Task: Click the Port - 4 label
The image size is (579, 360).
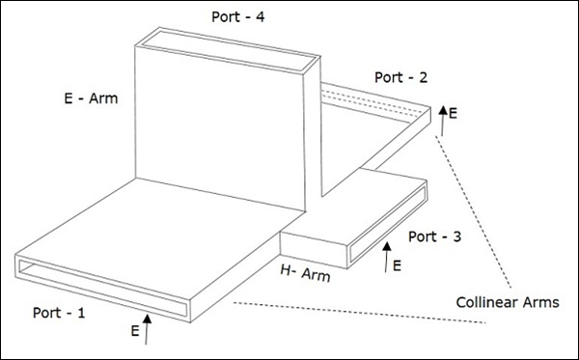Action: click(x=237, y=17)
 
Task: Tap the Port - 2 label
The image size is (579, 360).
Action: click(x=401, y=77)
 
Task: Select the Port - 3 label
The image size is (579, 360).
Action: click(x=434, y=236)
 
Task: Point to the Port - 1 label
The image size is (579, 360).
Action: click(x=59, y=313)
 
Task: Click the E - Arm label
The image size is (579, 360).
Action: click(x=91, y=98)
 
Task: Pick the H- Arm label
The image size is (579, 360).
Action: click(x=305, y=273)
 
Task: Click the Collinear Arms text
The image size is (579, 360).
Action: click(x=508, y=302)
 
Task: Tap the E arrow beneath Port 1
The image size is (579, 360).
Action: click(x=147, y=329)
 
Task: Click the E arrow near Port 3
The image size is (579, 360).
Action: click(x=387, y=258)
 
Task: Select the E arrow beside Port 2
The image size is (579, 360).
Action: click(x=442, y=121)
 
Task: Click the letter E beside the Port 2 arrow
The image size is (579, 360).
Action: click(x=453, y=113)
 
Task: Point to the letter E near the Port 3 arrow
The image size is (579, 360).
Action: click(x=397, y=265)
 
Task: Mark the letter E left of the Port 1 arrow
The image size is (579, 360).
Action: click(x=135, y=331)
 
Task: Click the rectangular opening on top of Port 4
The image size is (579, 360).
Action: click(x=229, y=51)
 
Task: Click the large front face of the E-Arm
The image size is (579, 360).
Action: click(x=220, y=127)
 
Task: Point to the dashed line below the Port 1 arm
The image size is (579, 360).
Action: click(x=360, y=313)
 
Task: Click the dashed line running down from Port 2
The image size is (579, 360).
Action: click(x=474, y=212)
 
